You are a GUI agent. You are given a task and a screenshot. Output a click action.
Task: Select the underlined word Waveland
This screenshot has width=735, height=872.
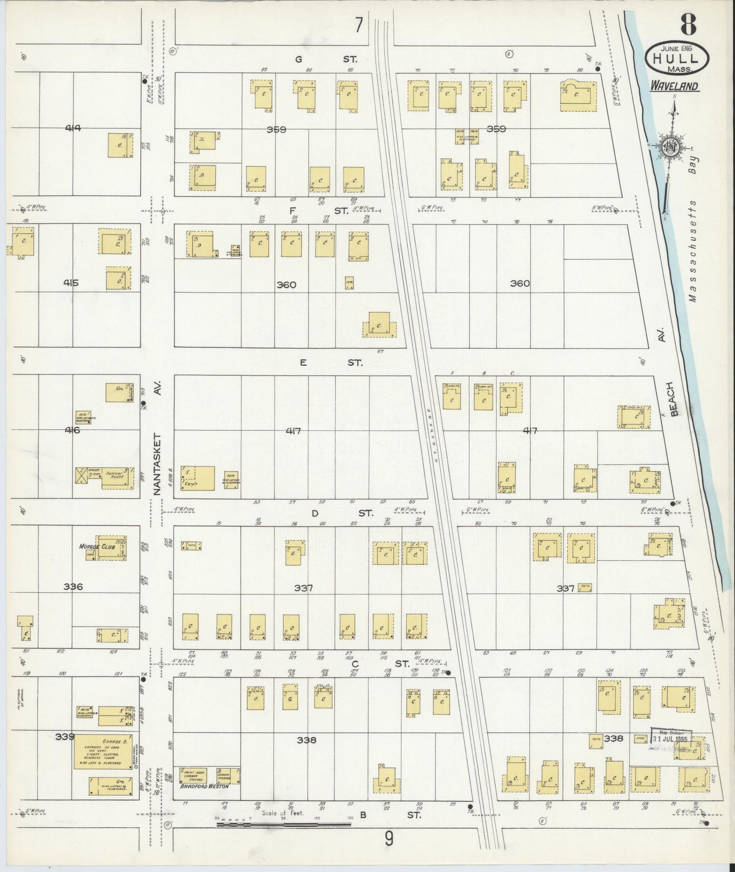pos(674,86)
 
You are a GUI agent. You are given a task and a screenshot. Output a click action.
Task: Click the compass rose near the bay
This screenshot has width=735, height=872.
pos(671,148)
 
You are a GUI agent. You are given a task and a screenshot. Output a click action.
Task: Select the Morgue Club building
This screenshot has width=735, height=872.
pos(111,548)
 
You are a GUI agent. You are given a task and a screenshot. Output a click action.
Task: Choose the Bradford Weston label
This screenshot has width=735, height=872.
pos(202,800)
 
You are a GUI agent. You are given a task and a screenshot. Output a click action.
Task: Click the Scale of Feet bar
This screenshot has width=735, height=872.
pos(283,824)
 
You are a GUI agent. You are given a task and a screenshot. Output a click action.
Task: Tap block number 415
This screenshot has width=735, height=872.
pos(71,283)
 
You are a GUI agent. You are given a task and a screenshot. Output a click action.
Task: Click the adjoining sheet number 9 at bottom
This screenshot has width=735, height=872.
pos(389,838)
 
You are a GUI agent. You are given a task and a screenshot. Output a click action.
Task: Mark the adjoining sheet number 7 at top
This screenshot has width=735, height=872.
pos(359,25)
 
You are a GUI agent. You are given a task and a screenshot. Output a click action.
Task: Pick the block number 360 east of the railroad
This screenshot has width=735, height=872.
pos(520,283)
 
